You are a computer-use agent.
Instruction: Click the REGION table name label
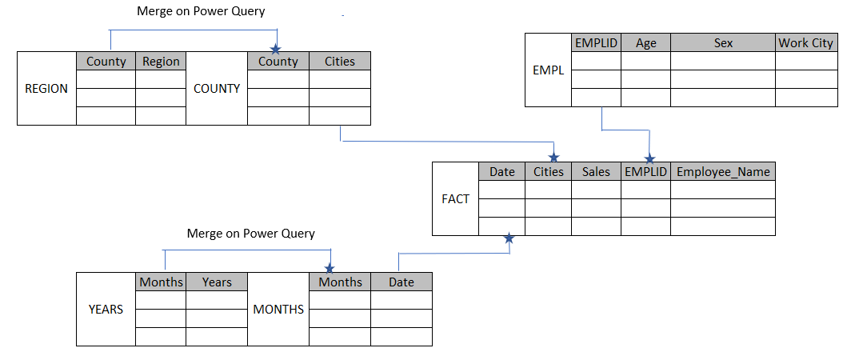click(x=46, y=89)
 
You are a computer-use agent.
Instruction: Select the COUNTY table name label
click(x=217, y=89)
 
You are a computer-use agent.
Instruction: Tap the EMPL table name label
click(x=548, y=70)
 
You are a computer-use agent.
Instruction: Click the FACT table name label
click(x=455, y=199)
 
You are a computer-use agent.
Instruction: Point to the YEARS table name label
click(x=106, y=309)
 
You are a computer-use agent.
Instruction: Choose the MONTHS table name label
click(x=278, y=309)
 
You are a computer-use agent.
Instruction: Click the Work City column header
click(x=805, y=43)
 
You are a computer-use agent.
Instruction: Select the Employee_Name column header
click(x=723, y=172)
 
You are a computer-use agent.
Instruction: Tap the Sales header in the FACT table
click(x=596, y=172)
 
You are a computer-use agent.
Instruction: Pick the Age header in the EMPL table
click(x=645, y=43)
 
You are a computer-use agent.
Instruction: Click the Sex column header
click(x=723, y=43)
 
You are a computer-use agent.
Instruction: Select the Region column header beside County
click(x=161, y=62)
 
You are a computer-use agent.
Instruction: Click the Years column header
click(x=217, y=282)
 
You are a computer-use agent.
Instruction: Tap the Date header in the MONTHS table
click(x=402, y=282)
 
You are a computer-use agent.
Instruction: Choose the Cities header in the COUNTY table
click(x=340, y=62)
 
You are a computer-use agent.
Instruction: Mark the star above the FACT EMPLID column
click(x=649, y=158)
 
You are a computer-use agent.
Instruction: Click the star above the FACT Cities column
click(x=553, y=158)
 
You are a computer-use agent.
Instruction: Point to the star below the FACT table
click(x=509, y=239)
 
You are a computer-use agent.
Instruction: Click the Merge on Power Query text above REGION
click(x=201, y=12)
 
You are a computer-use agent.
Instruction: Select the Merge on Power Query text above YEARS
click(x=250, y=234)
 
